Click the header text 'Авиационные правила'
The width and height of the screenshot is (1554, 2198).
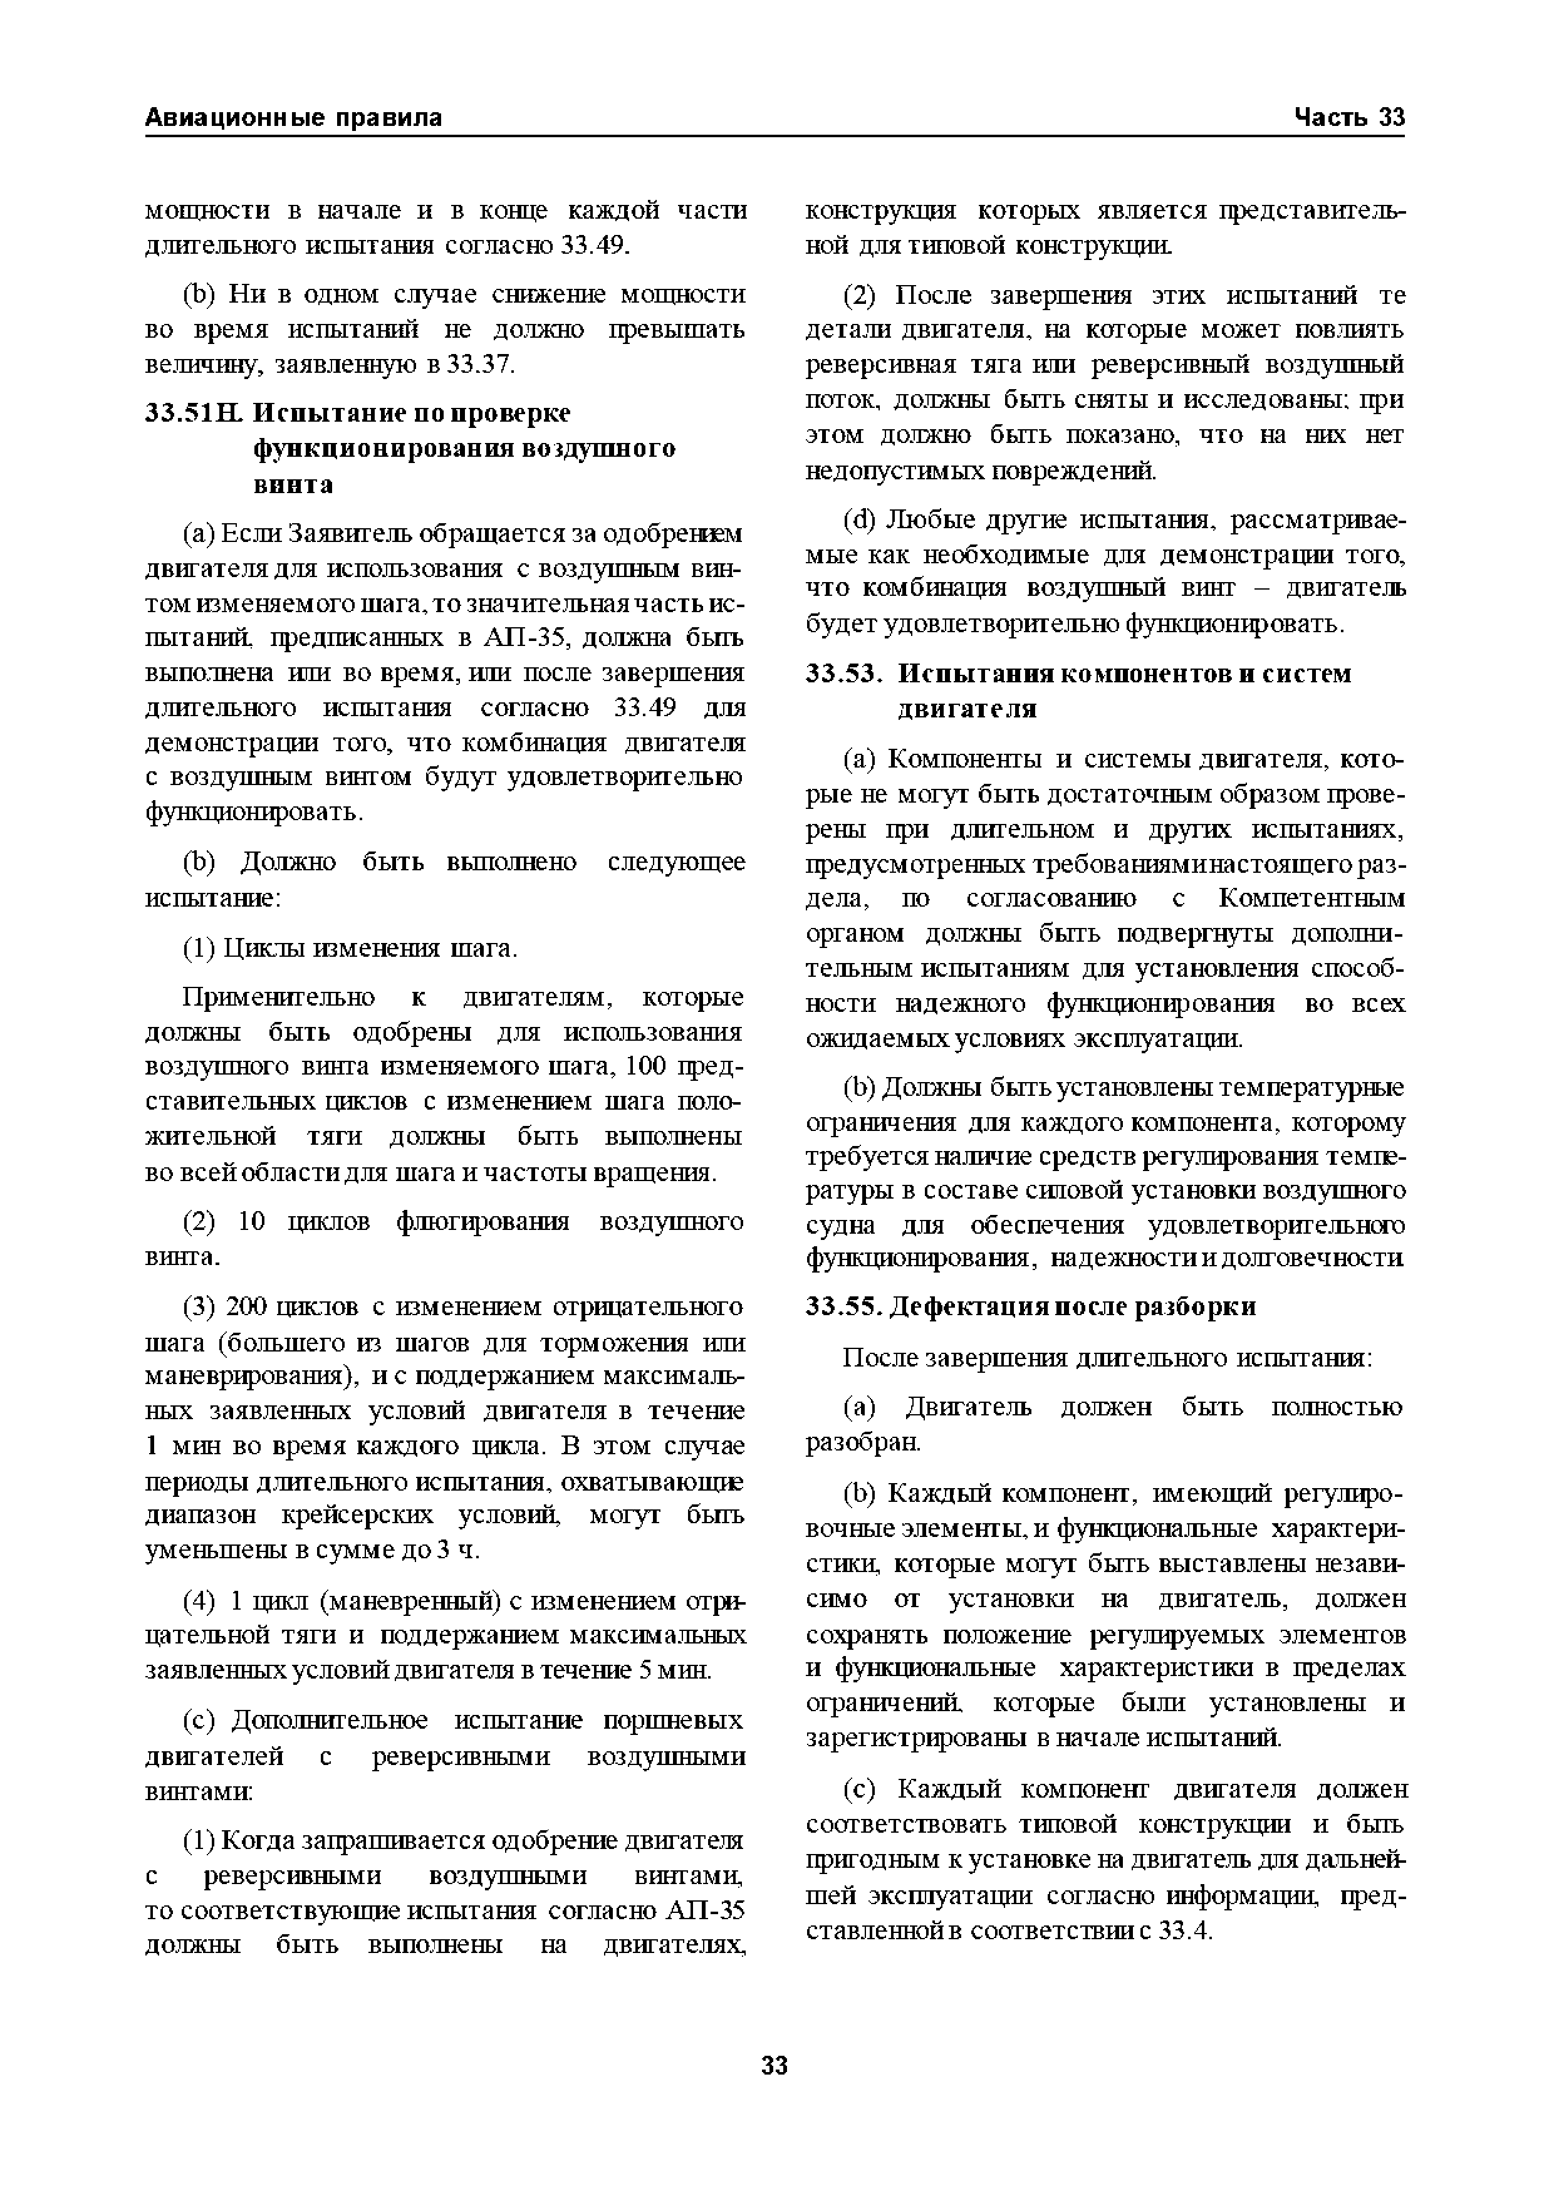pos(293,118)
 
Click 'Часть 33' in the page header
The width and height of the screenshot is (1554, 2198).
pos(1349,118)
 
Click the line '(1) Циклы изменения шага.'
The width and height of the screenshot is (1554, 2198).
pos(350,948)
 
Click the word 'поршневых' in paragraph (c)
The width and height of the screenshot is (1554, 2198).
pos(674,1721)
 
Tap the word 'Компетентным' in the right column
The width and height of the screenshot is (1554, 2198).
pos(1311,899)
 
